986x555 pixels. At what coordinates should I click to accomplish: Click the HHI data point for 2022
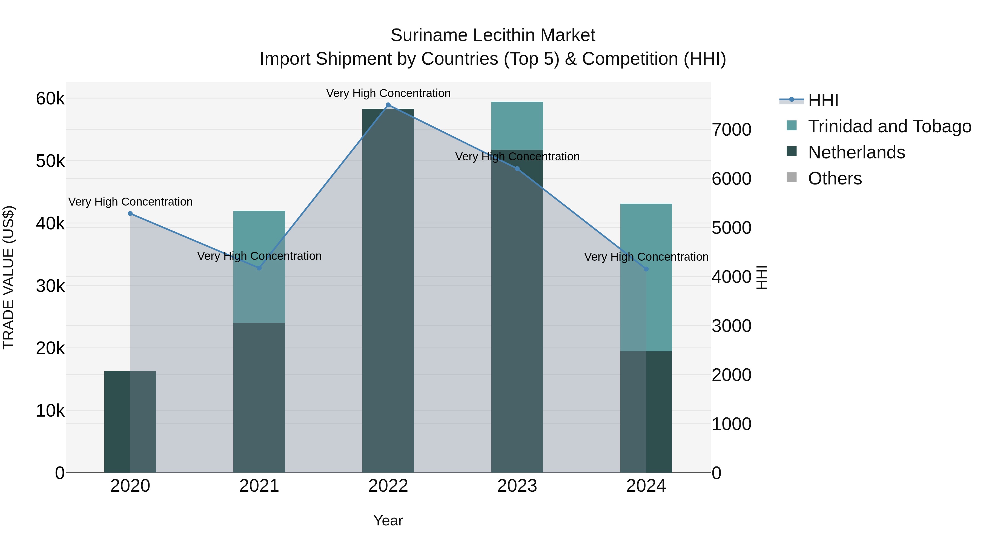pyautogui.click(x=388, y=105)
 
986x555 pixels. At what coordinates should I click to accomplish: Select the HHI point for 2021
pyautogui.click(x=259, y=268)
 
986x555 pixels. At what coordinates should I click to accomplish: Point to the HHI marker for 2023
pyautogui.click(x=517, y=169)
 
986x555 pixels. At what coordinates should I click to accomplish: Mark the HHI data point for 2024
pyautogui.click(x=646, y=269)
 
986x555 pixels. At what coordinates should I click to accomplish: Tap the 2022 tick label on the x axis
pyautogui.click(x=388, y=486)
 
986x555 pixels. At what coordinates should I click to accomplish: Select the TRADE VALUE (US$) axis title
pyautogui.click(x=8, y=277)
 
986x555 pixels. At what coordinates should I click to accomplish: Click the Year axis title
pyautogui.click(x=388, y=520)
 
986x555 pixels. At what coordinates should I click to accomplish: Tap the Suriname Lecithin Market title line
pyautogui.click(x=493, y=35)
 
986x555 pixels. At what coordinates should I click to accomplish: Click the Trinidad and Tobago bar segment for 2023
pyautogui.click(x=517, y=125)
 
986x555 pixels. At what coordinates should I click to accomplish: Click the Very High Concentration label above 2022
pyautogui.click(x=388, y=93)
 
